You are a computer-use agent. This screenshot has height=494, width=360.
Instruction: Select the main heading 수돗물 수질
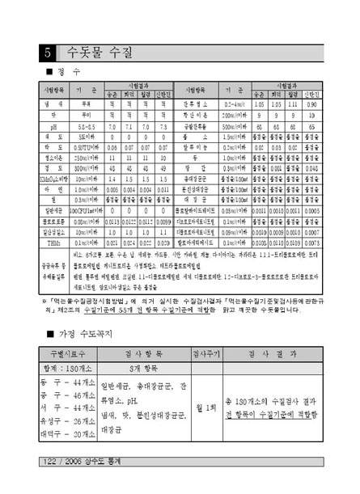coord(97,53)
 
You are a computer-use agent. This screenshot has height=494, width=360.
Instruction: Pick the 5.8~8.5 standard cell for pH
coord(86,127)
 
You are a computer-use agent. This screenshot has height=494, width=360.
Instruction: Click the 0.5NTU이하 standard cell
coord(86,150)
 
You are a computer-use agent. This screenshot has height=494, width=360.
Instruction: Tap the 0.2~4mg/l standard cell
coord(236,104)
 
